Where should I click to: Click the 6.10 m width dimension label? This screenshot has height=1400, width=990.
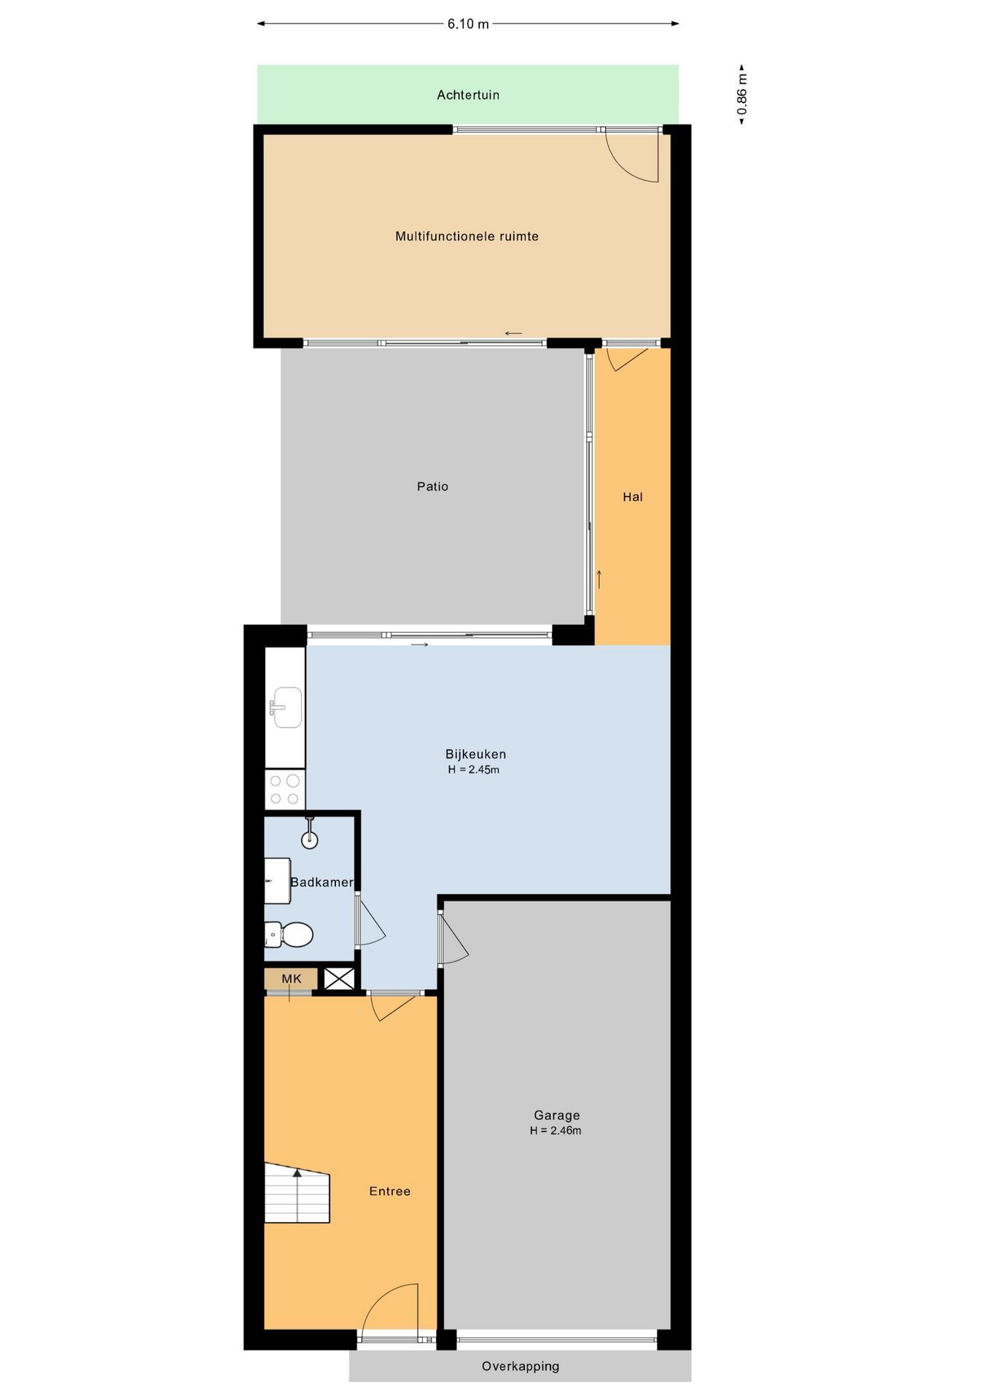pyautogui.click(x=468, y=24)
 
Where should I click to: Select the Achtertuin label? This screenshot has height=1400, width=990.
pyautogui.click(x=468, y=95)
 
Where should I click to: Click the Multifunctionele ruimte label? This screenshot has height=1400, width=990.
pyautogui.click(x=467, y=236)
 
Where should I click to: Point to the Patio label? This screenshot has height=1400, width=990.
pyautogui.click(x=432, y=486)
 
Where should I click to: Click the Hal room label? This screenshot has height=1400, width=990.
pyautogui.click(x=633, y=497)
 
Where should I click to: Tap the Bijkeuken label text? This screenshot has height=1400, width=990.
pyautogui.click(x=475, y=754)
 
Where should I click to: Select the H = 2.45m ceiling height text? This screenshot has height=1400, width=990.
pyautogui.click(x=474, y=770)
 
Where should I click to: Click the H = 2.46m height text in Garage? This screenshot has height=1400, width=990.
pyautogui.click(x=556, y=1131)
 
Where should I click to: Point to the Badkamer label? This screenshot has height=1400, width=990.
pyautogui.click(x=321, y=882)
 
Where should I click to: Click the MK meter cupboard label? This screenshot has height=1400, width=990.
pyautogui.click(x=291, y=979)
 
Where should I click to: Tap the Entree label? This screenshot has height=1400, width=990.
pyautogui.click(x=390, y=1191)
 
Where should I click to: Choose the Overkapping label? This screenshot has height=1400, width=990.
pyautogui.click(x=521, y=1366)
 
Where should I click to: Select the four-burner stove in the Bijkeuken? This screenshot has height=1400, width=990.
pyautogui.click(x=284, y=790)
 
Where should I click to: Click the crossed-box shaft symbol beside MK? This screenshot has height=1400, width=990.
pyautogui.click(x=339, y=979)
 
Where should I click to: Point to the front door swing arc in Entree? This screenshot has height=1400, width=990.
pyautogui.click(x=391, y=1308)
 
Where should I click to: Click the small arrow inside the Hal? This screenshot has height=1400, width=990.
pyautogui.click(x=599, y=579)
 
